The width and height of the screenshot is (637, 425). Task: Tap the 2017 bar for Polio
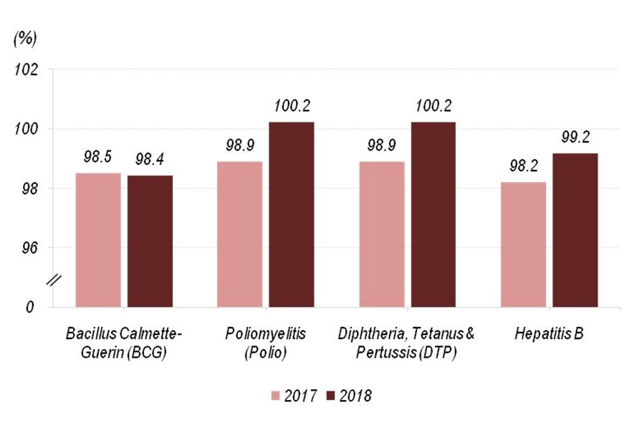click(239, 234)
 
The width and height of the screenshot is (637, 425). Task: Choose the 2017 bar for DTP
click(382, 234)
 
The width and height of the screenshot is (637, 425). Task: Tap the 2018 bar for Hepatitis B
click(575, 230)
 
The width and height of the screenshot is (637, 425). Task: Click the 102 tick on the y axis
click(28, 70)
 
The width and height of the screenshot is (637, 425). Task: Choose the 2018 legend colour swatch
click(330, 395)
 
